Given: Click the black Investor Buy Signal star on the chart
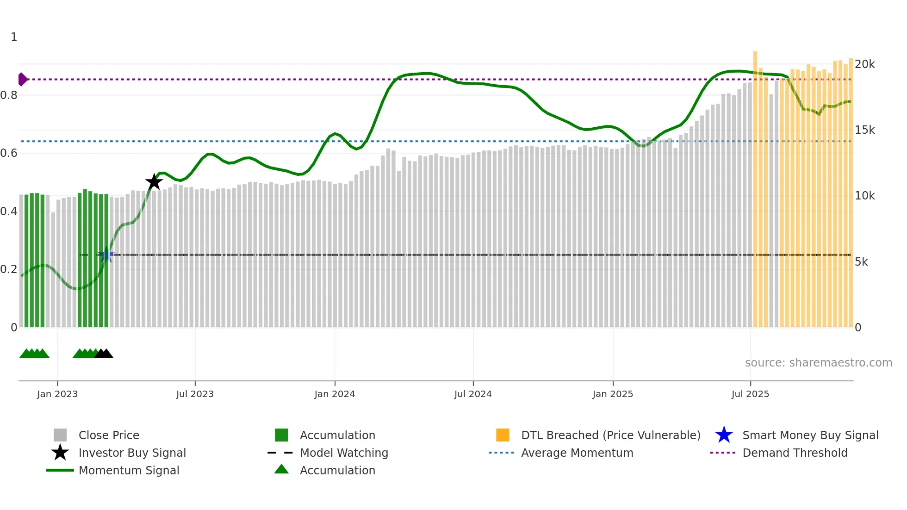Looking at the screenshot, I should coord(154,182).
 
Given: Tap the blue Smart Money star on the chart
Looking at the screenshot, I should coord(106,255).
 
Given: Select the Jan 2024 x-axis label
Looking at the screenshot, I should coord(335,394).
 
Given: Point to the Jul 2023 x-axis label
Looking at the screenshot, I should coord(195,394).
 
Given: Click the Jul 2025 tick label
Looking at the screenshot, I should coord(750,394).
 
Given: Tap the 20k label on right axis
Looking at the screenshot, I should coord(864,64).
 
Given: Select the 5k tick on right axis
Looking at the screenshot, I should coord(861,262).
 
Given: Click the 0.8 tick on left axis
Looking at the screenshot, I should coord(9,95).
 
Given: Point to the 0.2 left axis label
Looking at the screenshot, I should coord(9,269).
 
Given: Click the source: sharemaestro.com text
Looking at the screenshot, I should coord(818,363).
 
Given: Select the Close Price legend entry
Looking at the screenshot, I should coord(109,435).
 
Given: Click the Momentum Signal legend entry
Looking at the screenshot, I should coord(129,471).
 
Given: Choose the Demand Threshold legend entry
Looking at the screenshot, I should coord(795,453).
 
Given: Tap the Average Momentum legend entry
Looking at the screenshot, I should coord(577,453).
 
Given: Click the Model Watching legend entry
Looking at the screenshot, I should coord(344,453).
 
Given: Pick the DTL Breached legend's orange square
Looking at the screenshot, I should coord(503,435).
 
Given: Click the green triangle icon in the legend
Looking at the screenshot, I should coord(281,469).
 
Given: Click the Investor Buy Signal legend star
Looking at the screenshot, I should coord(60,453).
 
